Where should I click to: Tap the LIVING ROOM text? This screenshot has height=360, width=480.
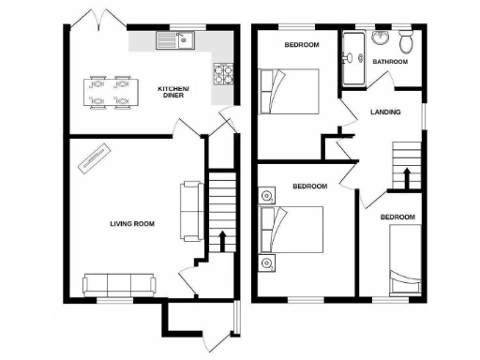click(x=132, y=224)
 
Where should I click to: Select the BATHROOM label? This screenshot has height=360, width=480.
click(x=390, y=62)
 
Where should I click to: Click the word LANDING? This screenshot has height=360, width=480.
click(x=385, y=112)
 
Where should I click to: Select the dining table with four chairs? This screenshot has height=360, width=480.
click(x=108, y=90)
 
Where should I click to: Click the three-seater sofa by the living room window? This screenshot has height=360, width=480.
click(x=119, y=284)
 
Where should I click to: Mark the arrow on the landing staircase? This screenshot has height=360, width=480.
click(x=406, y=175)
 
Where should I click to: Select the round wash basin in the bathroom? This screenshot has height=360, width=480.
click(x=381, y=38)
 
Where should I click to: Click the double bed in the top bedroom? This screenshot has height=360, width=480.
click(x=291, y=91)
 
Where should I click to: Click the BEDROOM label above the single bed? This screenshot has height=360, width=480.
click(x=397, y=217)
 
